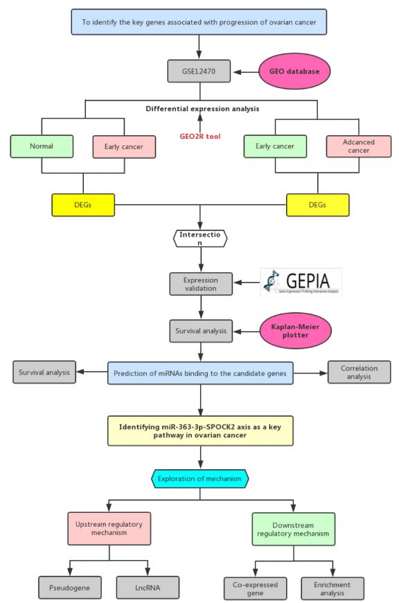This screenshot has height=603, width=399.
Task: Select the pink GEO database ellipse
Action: click(294, 71)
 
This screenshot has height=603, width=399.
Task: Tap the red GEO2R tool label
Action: click(201, 136)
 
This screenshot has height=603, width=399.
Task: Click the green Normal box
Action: click(42, 146)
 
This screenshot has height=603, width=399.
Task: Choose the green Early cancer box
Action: click(274, 146)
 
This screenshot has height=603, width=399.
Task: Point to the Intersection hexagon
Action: click(200, 238)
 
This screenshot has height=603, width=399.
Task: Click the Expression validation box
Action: click(200, 283)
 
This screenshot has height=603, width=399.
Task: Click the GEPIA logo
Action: click(301, 282)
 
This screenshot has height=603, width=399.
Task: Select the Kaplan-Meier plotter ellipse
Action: click(295, 331)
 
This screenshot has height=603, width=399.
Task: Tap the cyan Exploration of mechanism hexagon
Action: click(200, 478)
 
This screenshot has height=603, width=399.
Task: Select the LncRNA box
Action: click(147, 587)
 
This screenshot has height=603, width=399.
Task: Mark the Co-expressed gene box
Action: click(254, 588)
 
